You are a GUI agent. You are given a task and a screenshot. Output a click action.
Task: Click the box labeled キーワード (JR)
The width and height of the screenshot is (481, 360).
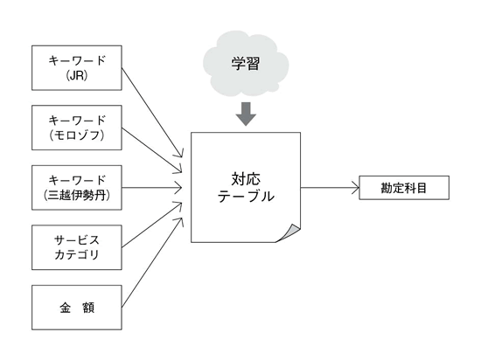point(77,67)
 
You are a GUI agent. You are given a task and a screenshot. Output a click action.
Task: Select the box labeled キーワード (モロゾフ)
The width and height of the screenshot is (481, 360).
point(77,128)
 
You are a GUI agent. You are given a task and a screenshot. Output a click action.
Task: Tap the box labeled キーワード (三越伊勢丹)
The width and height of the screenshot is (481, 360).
point(77,188)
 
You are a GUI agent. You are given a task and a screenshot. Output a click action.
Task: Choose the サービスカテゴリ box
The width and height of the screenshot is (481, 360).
point(77,247)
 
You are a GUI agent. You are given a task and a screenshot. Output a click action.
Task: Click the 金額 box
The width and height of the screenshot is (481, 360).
point(77,308)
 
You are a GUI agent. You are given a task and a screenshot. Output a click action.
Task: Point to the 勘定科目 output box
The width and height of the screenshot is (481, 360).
point(404,188)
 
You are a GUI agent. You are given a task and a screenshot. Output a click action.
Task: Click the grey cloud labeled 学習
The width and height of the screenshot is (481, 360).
point(246,64)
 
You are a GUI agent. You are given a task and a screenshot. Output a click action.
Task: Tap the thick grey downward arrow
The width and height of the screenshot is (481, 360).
point(246,114)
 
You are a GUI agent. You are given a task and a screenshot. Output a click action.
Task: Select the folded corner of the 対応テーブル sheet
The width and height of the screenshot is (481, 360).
point(289,233)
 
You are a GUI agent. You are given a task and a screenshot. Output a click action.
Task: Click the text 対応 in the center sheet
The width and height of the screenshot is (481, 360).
point(246,179)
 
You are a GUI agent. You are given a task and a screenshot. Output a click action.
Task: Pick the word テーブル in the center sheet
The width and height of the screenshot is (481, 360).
point(246,196)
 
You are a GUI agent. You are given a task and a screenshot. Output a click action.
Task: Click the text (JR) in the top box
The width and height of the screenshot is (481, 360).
point(77,75)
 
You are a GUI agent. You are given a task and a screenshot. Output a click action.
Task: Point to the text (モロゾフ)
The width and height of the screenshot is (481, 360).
point(77,135)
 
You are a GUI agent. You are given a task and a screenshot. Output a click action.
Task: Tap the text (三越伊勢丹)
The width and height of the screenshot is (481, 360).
point(77,195)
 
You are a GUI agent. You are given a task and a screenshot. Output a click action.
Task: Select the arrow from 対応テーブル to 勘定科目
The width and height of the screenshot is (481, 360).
point(330,188)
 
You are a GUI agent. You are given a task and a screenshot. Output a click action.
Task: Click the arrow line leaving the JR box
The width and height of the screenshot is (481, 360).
point(152,113)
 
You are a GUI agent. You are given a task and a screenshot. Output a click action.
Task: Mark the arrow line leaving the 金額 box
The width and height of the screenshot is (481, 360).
point(152,262)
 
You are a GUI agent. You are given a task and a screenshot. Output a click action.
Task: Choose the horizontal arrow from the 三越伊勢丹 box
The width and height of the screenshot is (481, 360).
point(152,188)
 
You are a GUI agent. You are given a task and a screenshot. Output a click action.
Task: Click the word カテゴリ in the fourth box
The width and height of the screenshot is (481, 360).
point(77,254)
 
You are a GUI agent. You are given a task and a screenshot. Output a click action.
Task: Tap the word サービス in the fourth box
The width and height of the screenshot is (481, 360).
point(77,240)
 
